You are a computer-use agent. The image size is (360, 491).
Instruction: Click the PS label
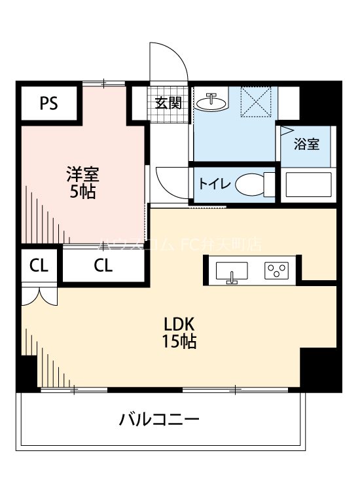(x=48, y=104)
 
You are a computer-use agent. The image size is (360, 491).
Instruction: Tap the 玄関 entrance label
(x=168, y=103)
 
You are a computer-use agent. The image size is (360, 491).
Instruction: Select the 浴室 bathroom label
(x=306, y=145)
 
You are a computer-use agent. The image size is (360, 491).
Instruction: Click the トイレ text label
(x=214, y=184)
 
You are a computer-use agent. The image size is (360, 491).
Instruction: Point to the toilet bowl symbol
(x=249, y=184)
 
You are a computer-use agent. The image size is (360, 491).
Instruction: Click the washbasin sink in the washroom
(x=211, y=102)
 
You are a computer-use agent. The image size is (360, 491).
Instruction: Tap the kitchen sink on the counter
(x=231, y=271)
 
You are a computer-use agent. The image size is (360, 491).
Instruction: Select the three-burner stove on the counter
(x=277, y=270)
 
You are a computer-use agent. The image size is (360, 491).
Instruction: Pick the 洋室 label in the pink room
(x=82, y=175)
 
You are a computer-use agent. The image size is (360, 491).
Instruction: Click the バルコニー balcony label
(x=159, y=419)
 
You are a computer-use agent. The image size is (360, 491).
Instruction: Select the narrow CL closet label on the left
(x=39, y=266)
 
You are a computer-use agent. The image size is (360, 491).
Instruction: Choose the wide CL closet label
(x=102, y=266)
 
